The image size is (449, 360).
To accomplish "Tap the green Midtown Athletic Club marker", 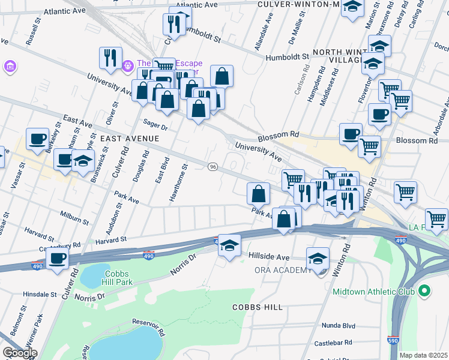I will pyautogui.click(x=425, y=292).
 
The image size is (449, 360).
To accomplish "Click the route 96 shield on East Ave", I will pyautogui.click(x=212, y=166).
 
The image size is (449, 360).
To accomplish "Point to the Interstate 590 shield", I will pyautogui.click(x=393, y=340).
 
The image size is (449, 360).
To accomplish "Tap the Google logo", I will pyautogui.click(x=20, y=353).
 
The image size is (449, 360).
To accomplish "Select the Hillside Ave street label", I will pyautogui.click(x=269, y=256).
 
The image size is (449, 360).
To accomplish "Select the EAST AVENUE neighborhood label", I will pyautogui.click(x=130, y=139).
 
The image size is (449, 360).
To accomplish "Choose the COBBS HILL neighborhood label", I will pyautogui.click(x=258, y=307).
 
